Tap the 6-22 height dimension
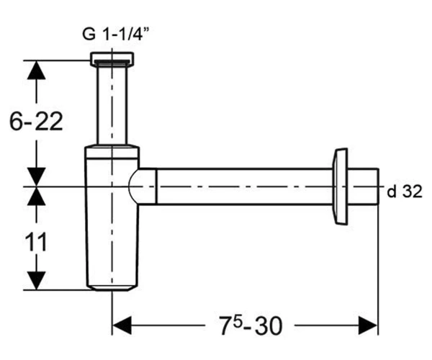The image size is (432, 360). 36,122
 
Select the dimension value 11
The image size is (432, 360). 36,242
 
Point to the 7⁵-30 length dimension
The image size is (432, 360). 251,325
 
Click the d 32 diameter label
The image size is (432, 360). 405,192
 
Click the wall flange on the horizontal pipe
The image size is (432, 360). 341,186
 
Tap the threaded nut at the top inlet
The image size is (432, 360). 112,59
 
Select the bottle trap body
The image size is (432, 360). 112,217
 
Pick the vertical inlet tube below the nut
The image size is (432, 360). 112,105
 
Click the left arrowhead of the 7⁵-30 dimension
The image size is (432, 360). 122,325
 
